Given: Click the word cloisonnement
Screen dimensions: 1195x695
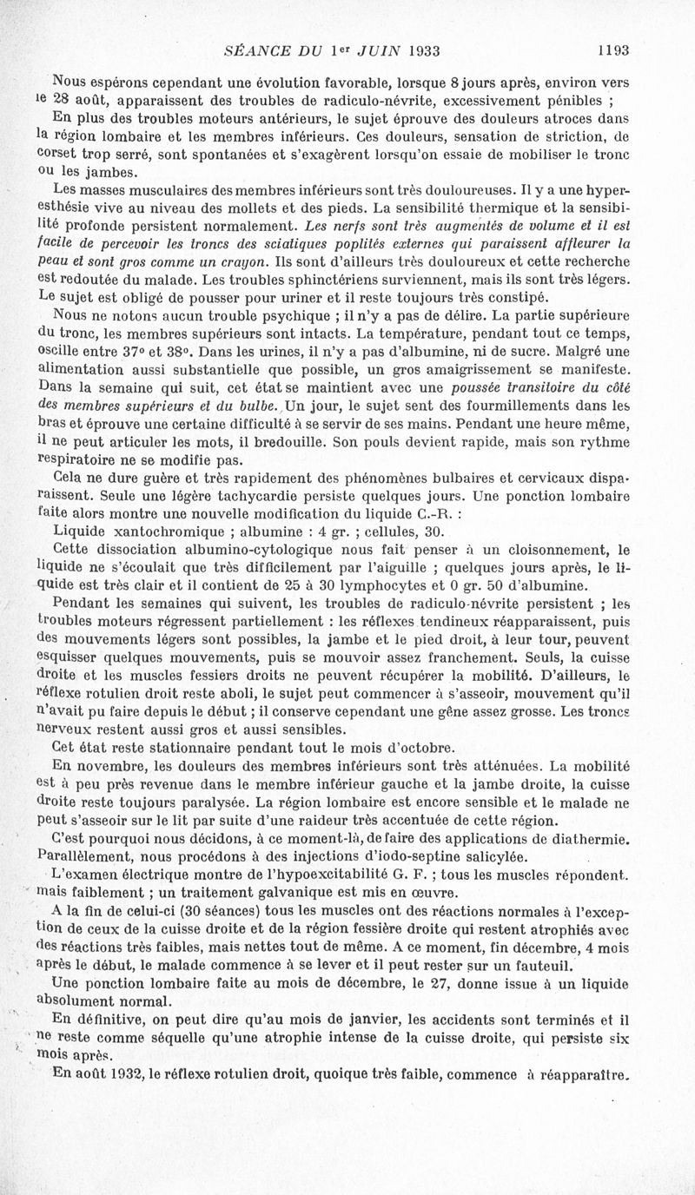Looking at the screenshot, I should coord(538,549).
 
